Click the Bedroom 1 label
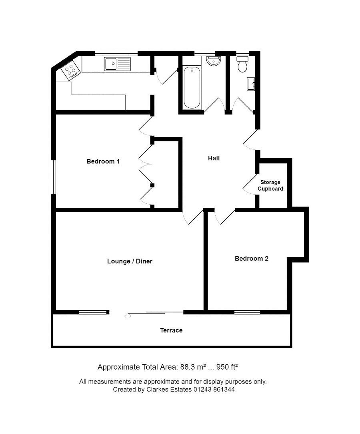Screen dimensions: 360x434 [x=103, y=161]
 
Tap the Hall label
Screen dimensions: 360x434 [x=214, y=158]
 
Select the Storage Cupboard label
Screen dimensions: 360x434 [x=270, y=185]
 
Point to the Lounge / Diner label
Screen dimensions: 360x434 [x=130, y=261]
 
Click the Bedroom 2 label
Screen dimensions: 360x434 [x=252, y=258]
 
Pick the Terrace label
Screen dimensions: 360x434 [x=171, y=330]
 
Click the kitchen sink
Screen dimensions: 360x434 [x=117, y=64]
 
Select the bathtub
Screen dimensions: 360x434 [x=192, y=87]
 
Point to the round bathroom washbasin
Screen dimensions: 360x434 [x=214, y=61]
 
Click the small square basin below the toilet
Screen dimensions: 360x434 [x=251, y=84]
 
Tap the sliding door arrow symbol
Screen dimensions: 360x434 [x=128, y=316]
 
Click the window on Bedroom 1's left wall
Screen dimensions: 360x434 [x=54, y=177]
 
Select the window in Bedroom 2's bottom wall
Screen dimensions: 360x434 [x=247, y=312]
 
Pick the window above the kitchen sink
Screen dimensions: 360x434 [x=116, y=53]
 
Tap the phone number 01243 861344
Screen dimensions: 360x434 [x=214, y=390]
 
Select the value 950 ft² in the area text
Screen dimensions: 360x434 [x=227, y=367]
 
